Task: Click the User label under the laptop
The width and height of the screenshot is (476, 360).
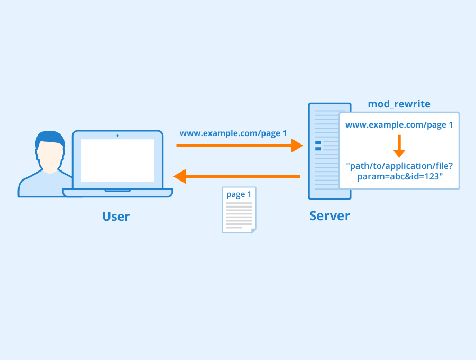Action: [116, 217]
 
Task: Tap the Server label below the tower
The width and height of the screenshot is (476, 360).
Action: [329, 216]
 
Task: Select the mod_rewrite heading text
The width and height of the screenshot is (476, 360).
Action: [399, 104]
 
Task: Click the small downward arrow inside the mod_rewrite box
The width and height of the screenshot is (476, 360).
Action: [399, 146]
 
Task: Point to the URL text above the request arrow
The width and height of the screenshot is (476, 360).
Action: [233, 133]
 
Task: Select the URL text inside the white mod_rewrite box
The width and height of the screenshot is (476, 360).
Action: [399, 125]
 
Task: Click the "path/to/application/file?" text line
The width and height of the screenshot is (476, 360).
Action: [399, 166]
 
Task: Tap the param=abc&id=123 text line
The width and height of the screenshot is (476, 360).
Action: [399, 176]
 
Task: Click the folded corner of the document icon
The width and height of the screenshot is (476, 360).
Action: [253, 230]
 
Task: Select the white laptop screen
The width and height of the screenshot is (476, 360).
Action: [117, 160]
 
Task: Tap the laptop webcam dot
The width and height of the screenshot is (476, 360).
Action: [117, 135]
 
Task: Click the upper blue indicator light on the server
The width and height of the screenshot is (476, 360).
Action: [318, 143]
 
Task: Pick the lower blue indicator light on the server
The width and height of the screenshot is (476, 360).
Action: [318, 149]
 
